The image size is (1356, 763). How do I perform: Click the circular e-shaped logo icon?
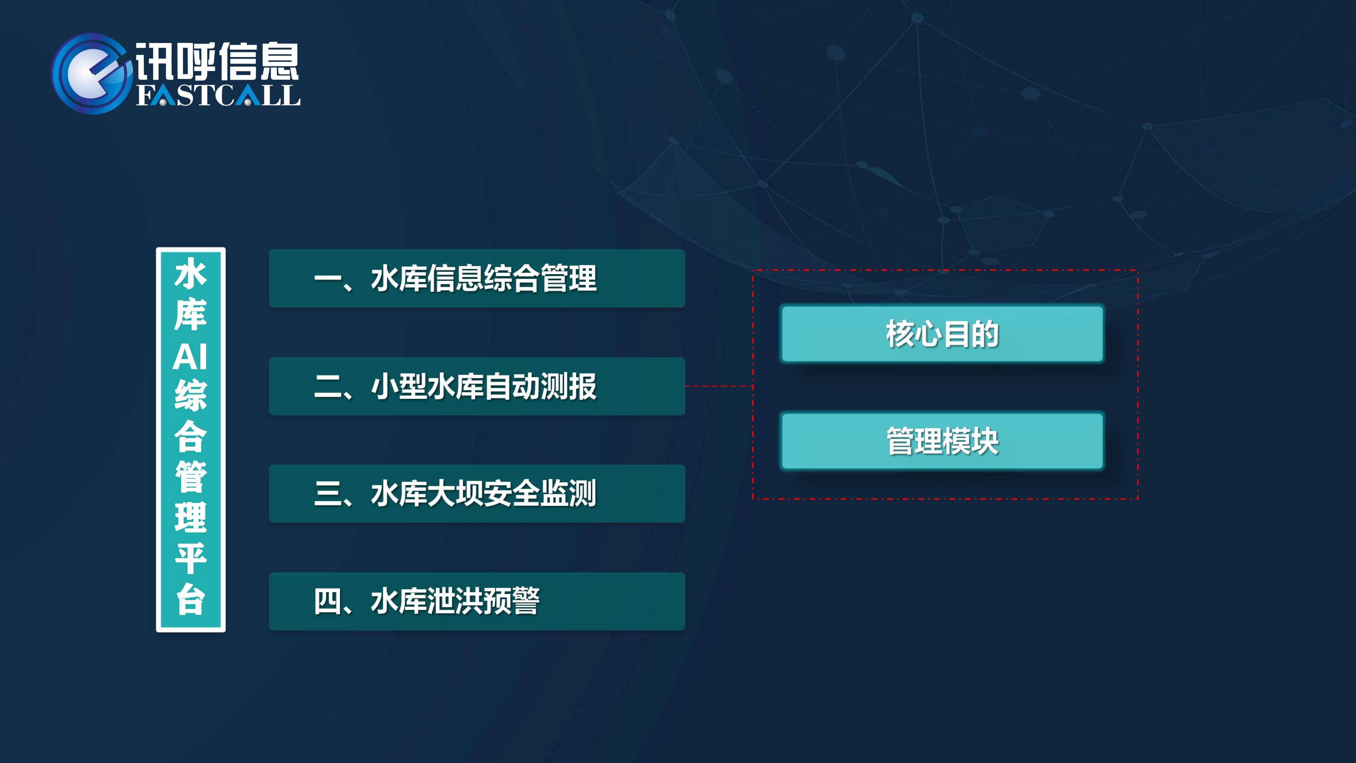[x=91, y=74]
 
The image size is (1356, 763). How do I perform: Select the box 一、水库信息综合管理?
[x=477, y=278]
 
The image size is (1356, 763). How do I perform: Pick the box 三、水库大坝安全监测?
[x=477, y=493]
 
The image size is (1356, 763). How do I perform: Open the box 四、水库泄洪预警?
[x=477, y=601]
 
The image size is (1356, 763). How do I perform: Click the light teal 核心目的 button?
[x=942, y=334]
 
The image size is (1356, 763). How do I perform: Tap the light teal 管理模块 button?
[x=942, y=441]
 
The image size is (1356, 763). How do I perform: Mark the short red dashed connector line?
[x=719, y=387]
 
